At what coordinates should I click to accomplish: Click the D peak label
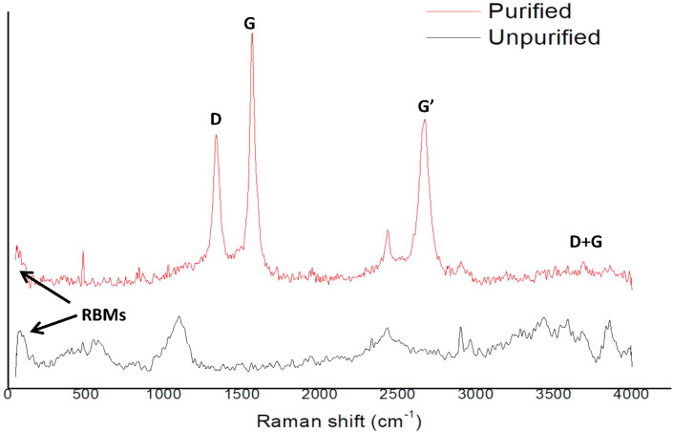tap(216, 119)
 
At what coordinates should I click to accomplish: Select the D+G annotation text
tap(585, 243)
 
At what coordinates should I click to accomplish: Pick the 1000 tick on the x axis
tap(162, 394)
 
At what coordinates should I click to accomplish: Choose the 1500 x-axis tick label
tap(242, 394)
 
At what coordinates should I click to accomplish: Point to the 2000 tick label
tap(319, 394)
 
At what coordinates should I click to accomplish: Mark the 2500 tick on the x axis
tap(397, 394)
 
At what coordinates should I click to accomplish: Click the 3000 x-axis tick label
tap(475, 394)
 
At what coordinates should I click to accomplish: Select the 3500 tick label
tap(553, 394)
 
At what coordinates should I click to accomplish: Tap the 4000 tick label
tap(630, 394)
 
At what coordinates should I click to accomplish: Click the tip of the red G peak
tap(252, 33)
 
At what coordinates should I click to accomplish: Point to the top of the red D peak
tap(217, 135)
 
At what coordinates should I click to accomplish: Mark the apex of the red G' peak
tap(424, 120)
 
